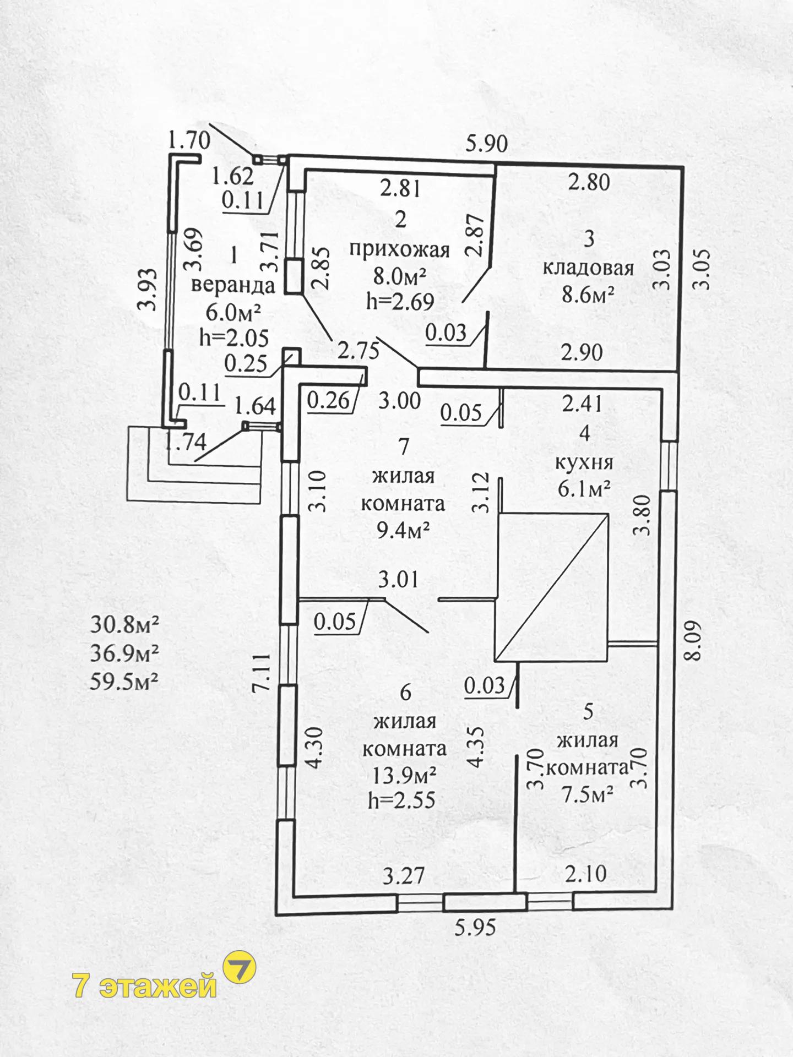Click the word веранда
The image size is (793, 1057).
click(x=234, y=286)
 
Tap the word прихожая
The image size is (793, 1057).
click(x=400, y=250)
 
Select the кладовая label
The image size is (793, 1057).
click(x=588, y=268)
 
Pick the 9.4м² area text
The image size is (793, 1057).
click(x=403, y=531)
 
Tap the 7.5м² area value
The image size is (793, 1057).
click(x=587, y=794)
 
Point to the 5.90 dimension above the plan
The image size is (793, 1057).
click(x=486, y=144)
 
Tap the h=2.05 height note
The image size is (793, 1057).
click(x=234, y=337)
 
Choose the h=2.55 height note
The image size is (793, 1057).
click(x=402, y=799)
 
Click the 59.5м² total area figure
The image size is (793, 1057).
click(x=124, y=682)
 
